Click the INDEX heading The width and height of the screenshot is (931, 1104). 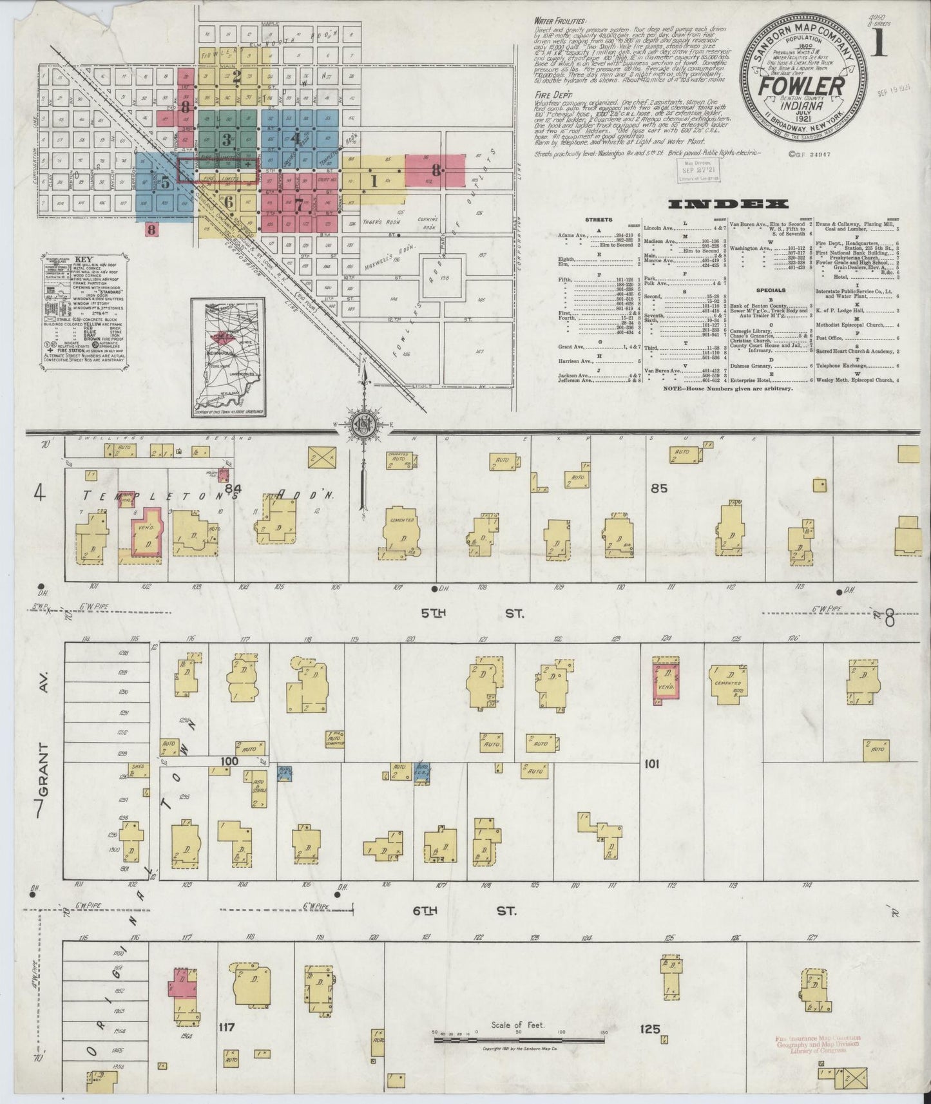(728, 204)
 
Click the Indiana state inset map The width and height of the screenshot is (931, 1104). (228, 356)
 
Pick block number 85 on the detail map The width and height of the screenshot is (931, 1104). (659, 488)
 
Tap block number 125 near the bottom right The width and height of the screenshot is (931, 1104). (650, 1029)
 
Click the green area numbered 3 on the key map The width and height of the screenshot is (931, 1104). (226, 138)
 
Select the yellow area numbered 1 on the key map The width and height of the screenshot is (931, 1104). (373, 181)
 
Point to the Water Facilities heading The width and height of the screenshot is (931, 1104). (559, 20)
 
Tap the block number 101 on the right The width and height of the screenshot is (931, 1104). (653, 763)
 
